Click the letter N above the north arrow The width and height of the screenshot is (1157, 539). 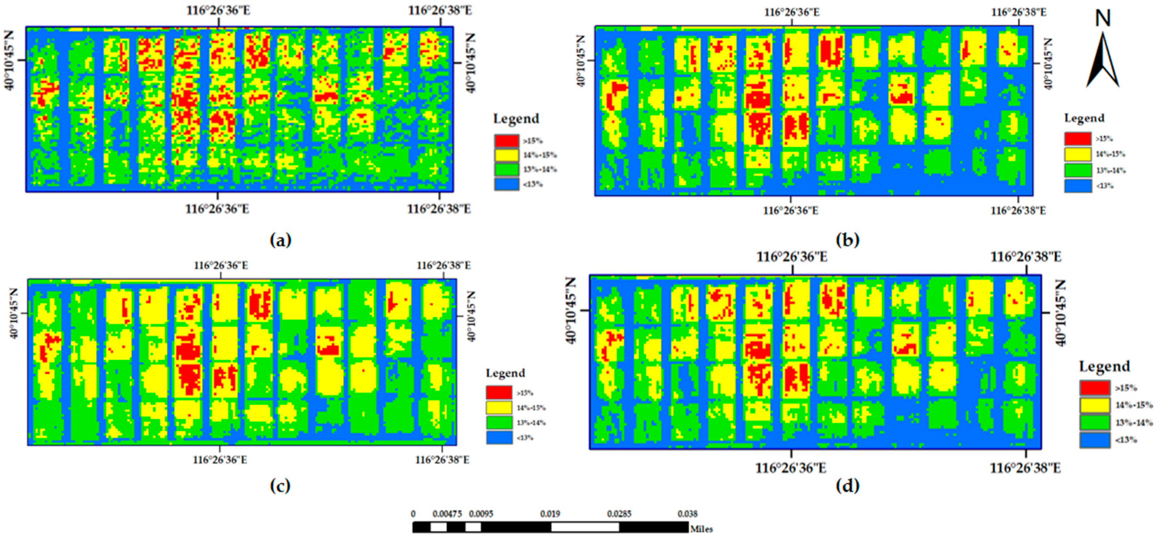click(x=1102, y=18)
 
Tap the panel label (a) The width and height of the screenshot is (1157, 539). click(x=281, y=240)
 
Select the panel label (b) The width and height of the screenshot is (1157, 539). click(x=847, y=240)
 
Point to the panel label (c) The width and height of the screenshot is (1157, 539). click(x=280, y=485)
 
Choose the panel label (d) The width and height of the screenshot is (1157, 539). click(x=847, y=485)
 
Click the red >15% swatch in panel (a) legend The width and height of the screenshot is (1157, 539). click(x=507, y=141)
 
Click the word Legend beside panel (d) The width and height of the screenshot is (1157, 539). click(x=1104, y=367)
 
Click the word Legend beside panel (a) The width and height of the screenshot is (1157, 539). click(x=516, y=119)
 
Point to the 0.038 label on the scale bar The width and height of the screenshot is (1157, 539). click(x=688, y=514)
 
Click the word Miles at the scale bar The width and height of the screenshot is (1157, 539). click(x=701, y=529)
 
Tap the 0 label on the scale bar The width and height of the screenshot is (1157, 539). click(x=413, y=514)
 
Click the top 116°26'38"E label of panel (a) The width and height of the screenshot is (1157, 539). click(x=440, y=10)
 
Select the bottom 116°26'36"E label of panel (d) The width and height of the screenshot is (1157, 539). click(x=791, y=468)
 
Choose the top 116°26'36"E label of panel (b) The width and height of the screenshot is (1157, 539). click(x=792, y=12)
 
